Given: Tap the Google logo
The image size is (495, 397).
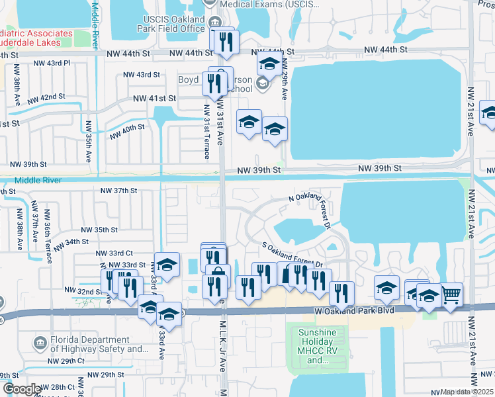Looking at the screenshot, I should (22, 389).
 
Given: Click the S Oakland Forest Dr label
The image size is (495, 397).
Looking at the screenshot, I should (292, 255).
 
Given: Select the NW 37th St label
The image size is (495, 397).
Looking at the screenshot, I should (118, 191).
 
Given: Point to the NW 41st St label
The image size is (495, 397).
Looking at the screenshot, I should (155, 98).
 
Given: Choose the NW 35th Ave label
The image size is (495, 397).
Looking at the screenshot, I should (88, 140).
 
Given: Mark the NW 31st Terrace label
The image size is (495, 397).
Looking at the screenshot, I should (206, 132).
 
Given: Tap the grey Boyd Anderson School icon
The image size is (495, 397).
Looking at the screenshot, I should (263, 83).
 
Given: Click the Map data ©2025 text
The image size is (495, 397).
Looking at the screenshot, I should (467, 392).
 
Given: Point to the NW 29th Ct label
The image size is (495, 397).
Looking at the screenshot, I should (67, 361).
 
